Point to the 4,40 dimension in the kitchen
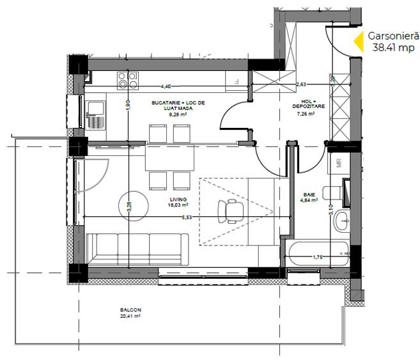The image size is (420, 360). click(x=166, y=86)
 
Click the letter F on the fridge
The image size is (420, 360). click(x=236, y=82)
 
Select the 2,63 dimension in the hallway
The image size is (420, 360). click(x=301, y=84)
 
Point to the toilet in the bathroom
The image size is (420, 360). click(x=333, y=192)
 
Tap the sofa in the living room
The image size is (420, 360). click(x=137, y=250)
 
